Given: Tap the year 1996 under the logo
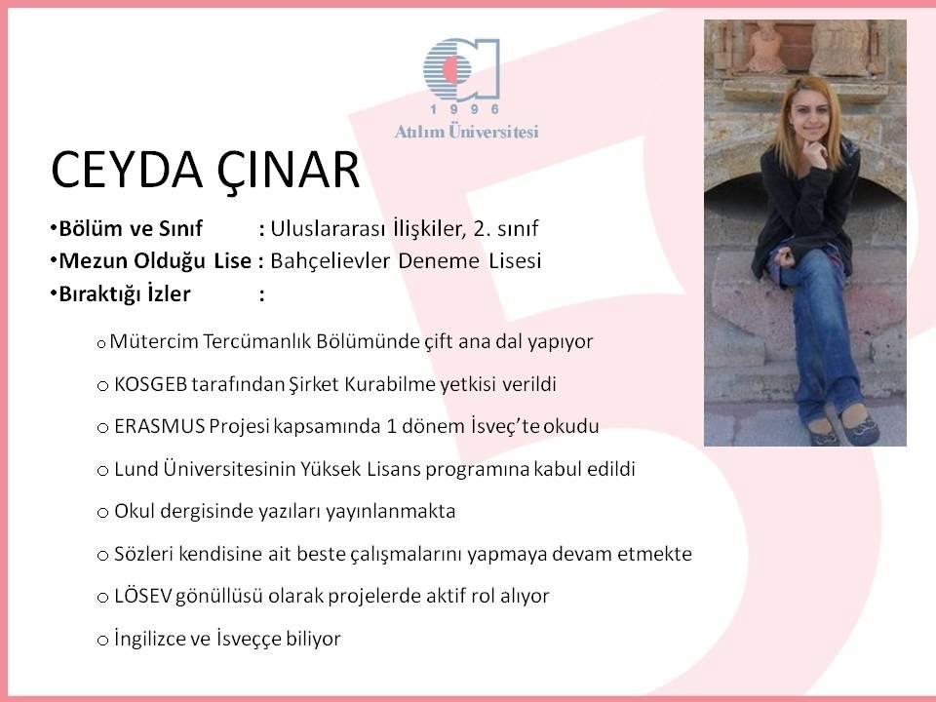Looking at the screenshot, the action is click(465, 109).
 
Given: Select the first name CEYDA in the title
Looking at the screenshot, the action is click(127, 170).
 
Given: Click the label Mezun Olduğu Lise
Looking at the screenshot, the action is click(155, 261).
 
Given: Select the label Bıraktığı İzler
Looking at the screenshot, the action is click(124, 294).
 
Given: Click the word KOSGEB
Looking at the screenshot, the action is click(150, 384).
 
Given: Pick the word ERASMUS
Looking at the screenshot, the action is click(159, 427).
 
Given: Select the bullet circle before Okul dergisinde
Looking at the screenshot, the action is click(102, 513).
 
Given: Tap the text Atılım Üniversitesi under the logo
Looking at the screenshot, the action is click(466, 132).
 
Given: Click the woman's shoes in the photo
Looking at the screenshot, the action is click(841, 427).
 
